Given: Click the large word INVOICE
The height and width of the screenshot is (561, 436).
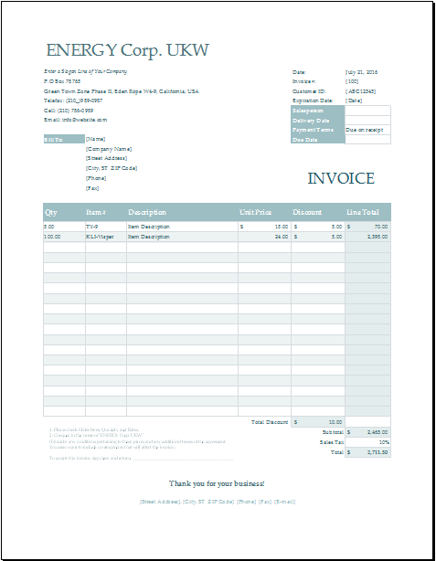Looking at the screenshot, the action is (340, 178).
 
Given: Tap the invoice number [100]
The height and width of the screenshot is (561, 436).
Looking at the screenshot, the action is (352, 81).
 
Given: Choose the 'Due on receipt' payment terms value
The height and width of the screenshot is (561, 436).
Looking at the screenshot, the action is (364, 130).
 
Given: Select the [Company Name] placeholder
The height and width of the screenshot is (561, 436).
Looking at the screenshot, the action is (109, 148).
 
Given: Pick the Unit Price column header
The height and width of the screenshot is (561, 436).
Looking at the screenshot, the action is (256, 212).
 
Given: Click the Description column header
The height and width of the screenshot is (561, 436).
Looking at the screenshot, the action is (147, 212).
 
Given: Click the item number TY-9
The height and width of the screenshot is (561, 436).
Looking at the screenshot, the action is (91, 226).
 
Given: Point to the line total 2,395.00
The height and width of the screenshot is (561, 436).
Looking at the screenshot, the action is (377, 237).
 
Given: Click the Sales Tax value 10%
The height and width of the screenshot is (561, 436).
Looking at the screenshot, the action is (384, 441).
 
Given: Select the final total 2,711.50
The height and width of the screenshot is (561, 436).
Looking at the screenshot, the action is (377, 451).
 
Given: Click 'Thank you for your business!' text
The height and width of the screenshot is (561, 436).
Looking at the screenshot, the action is (217, 482).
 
